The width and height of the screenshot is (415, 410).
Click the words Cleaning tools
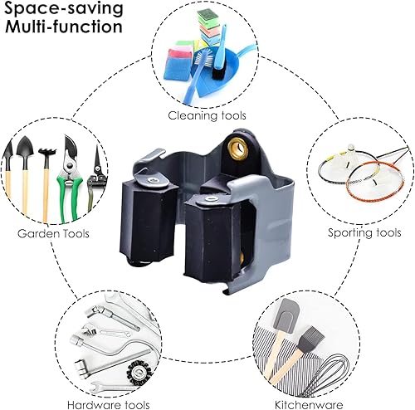(x=207, y=115)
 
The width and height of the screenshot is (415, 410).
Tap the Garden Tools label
(x=53, y=233)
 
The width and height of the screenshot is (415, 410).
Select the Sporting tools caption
(x=364, y=232)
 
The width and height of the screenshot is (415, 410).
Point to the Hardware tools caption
(x=109, y=405)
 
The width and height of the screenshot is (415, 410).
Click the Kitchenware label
(x=309, y=405)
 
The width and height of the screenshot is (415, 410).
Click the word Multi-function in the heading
(x=64, y=27)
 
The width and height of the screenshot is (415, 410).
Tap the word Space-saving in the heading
(x=64, y=8)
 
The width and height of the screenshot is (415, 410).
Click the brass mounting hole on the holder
(x=237, y=149)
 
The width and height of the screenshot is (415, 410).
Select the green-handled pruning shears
(x=70, y=178)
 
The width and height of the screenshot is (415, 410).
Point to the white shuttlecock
(x=350, y=151)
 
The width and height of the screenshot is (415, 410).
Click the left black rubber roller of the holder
(x=147, y=222)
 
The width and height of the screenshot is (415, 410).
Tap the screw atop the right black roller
(x=209, y=199)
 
